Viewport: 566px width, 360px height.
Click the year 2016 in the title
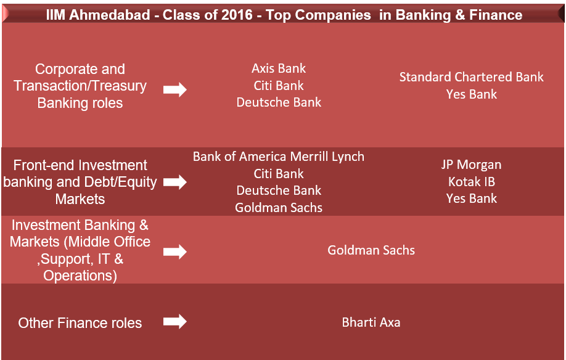pos(237,15)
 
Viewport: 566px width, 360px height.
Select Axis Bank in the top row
pos(279,68)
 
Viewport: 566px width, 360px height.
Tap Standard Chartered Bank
pos(472,77)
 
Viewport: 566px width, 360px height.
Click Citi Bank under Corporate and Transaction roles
pos(279,86)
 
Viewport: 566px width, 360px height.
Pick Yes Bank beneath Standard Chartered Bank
pos(472,94)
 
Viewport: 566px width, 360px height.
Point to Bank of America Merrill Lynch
pos(279,157)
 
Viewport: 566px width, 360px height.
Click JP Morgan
pos(472,165)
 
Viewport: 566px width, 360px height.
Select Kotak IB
pos(472,182)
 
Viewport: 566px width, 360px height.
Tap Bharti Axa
pos(371,322)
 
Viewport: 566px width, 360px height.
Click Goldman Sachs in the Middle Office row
pos(371,250)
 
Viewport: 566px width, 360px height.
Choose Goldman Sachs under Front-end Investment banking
pos(279,208)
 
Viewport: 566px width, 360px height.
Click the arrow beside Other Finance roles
pos(175,321)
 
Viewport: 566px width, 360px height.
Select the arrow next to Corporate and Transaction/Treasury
pos(175,90)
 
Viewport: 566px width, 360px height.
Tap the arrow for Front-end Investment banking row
pos(175,182)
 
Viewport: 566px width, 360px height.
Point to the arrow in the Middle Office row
pos(175,252)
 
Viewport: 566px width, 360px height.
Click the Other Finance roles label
pos(80,323)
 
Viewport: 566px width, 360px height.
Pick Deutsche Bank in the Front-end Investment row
pos(279,190)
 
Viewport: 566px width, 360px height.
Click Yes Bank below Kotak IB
pos(472,198)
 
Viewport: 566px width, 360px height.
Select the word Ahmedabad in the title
pos(109,15)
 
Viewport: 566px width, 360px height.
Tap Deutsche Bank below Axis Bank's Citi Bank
pos(279,102)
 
